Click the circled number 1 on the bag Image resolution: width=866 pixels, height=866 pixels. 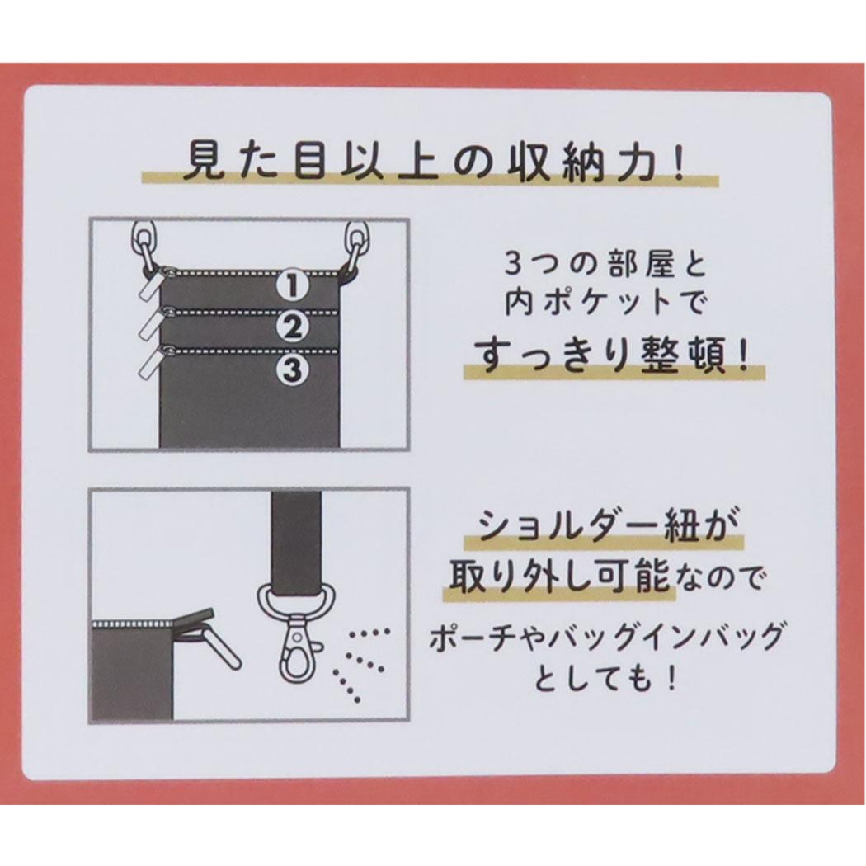point(292,286)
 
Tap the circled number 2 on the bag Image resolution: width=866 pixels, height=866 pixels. point(292,327)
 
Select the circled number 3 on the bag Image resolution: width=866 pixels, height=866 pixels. point(292,369)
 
